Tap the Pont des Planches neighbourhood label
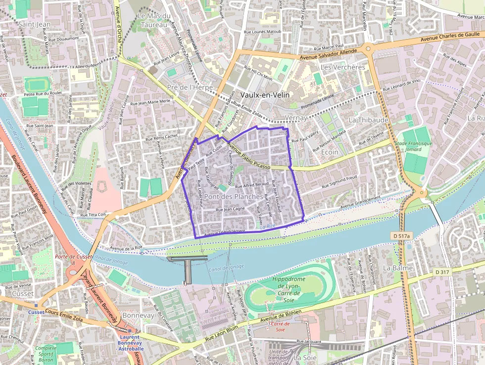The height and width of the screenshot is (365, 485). click(x=234, y=197)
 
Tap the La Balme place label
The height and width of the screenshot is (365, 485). click(x=394, y=267)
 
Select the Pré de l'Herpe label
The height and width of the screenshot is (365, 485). click(x=190, y=87)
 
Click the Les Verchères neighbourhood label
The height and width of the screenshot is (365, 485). click(x=343, y=67)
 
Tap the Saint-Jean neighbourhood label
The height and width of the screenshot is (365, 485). click(x=34, y=24)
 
